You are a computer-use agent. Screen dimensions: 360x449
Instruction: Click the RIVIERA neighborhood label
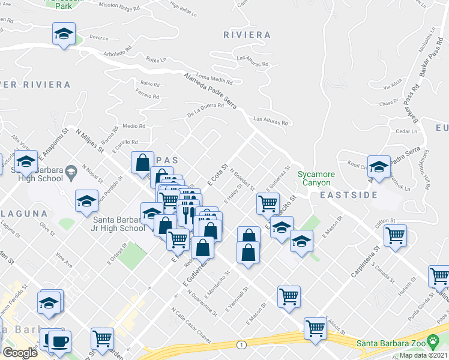[x=247, y=35]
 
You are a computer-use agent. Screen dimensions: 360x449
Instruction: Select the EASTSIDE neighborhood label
[x=348, y=195]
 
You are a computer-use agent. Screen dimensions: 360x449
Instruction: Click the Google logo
[x=20, y=352]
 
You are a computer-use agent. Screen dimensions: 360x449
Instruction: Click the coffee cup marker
[x=59, y=342]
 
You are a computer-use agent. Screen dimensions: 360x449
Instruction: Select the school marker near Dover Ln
[x=63, y=34]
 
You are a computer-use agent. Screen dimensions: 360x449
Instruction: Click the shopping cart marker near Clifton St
[x=395, y=235]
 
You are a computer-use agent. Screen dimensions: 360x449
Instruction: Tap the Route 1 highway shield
[x=241, y=344]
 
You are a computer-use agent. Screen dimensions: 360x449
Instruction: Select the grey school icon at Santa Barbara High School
[x=71, y=173]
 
